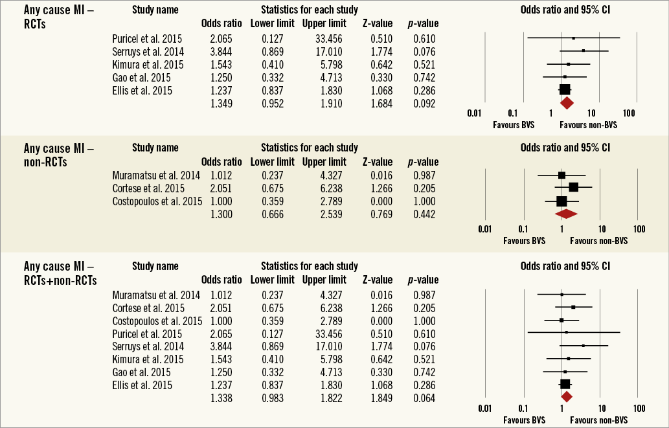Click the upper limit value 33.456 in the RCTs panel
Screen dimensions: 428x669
pos(324,39)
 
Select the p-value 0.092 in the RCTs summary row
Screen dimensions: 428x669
pos(424,103)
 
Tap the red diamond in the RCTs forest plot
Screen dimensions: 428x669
pos(567,102)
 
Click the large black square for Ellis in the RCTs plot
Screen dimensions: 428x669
pos(565,90)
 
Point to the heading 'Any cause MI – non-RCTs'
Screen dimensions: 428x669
pos(58,153)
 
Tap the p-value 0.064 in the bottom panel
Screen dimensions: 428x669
pos(424,398)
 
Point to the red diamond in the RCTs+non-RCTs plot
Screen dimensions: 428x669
pos(566,397)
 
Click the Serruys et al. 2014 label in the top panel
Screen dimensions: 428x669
pos(147,52)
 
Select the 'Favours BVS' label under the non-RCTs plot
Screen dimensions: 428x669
pos(524,241)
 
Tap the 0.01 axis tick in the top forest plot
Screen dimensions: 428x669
pos(475,113)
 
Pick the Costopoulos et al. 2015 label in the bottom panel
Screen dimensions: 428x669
pos(157,321)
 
